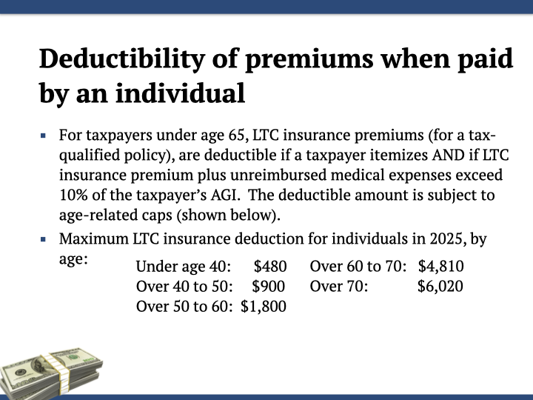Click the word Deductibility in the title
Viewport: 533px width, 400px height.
(x=122, y=59)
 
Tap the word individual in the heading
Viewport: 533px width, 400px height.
(x=180, y=93)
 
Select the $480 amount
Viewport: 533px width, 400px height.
(x=270, y=266)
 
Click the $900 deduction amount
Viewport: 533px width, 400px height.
(x=268, y=286)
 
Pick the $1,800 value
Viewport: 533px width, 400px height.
(x=263, y=306)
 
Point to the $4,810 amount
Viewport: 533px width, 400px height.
(x=441, y=266)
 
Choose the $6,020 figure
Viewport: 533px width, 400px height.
(x=440, y=286)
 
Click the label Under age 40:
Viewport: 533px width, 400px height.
(x=184, y=266)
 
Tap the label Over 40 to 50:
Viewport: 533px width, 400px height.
(x=184, y=286)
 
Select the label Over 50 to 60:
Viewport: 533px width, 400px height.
(x=184, y=306)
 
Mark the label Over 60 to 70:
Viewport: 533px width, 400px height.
(x=358, y=266)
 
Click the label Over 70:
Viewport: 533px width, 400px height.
(x=339, y=286)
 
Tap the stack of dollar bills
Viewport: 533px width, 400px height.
(x=51, y=373)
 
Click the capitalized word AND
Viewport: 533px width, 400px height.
(x=449, y=155)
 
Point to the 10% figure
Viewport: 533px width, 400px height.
(x=73, y=195)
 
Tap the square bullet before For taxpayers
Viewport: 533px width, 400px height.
(x=43, y=136)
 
